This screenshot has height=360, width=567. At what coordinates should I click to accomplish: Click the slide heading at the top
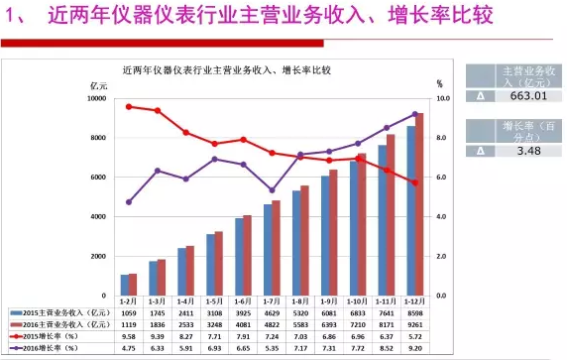tap(198, 17)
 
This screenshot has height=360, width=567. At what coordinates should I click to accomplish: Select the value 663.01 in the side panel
tap(526, 96)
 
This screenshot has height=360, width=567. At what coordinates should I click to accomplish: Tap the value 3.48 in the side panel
tap(526, 151)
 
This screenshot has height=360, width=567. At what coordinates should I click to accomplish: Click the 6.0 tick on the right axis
tap(443, 178)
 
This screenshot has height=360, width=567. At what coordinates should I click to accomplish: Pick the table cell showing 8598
tap(415, 312)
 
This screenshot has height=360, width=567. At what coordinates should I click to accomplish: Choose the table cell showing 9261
tap(415, 324)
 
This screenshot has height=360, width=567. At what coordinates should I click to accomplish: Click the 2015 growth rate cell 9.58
tap(128, 337)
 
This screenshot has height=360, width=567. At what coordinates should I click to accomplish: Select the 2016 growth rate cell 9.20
tap(415, 349)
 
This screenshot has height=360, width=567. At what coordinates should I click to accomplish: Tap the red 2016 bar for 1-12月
tap(419, 203)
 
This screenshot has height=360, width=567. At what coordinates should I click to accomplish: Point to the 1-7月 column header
tap(272, 300)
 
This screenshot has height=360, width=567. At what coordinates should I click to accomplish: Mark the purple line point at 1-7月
tap(272, 190)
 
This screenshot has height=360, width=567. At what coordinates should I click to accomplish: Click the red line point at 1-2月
tap(129, 106)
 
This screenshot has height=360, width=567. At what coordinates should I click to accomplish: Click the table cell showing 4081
tap(243, 324)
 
